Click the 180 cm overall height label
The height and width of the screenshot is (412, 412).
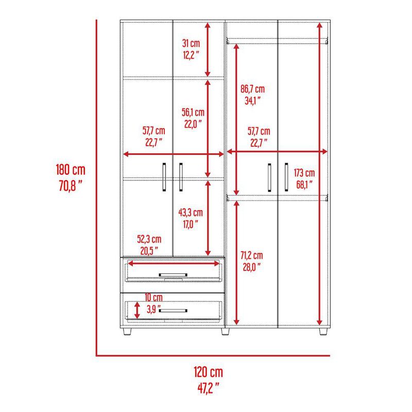pyautogui.click(x=71, y=169)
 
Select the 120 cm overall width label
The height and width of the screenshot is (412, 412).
pyautogui.click(x=209, y=372)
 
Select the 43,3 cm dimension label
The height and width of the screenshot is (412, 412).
pyautogui.click(x=191, y=212)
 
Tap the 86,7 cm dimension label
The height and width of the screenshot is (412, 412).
pyautogui.click(x=252, y=89)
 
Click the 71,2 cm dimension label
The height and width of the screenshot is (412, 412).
pyautogui.click(x=252, y=255)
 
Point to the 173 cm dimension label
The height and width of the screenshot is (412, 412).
pyautogui.click(x=304, y=173)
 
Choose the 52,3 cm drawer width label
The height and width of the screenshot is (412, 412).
pyautogui.click(x=149, y=239)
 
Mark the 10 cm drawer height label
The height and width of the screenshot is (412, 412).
pyautogui.click(x=153, y=298)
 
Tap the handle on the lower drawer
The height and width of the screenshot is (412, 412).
pyautogui.click(x=174, y=310)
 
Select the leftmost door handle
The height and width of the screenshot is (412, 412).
pyautogui.click(x=164, y=178)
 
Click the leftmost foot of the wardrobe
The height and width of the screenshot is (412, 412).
pyautogui.click(x=127, y=332)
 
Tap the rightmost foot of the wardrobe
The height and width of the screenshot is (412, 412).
pyautogui.click(x=323, y=332)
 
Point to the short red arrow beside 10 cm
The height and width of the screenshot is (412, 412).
pyautogui.click(x=137, y=310)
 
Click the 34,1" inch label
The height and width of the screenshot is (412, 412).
pyautogui.click(x=252, y=101)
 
